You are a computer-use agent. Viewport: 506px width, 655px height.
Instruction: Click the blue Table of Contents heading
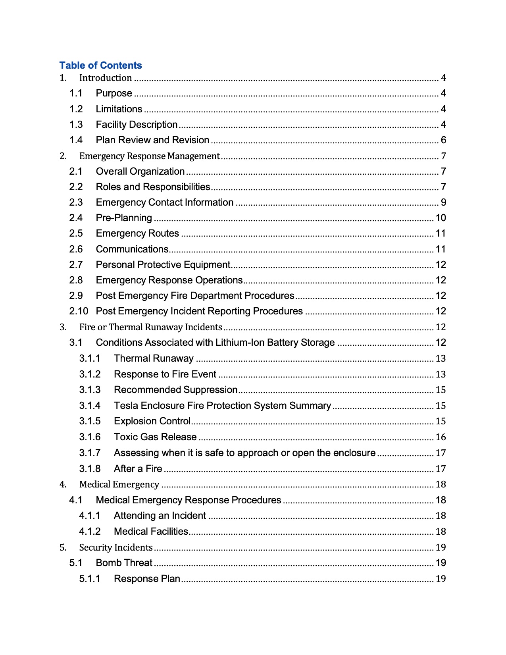coord(100,65)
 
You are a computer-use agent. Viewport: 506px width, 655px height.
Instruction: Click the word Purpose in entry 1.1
coord(114,93)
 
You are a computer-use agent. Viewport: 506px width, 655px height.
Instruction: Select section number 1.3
coord(76,125)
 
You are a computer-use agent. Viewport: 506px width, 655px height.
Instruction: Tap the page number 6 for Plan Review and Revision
coord(443,140)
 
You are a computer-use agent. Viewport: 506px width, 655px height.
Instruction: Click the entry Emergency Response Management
coord(149,156)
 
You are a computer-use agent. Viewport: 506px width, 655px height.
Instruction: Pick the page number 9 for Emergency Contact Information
coord(443,202)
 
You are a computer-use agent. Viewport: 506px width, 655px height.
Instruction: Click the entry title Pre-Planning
coord(124,218)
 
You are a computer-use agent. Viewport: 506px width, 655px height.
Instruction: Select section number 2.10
coord(78,311)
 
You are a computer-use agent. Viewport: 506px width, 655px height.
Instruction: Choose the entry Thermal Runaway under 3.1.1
coord(154,358)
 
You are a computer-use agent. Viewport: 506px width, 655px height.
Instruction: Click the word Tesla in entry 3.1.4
coord(126,406)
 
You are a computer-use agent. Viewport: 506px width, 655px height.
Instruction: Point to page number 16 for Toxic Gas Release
coord(441,437)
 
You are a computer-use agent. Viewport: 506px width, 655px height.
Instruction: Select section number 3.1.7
coord(90,453)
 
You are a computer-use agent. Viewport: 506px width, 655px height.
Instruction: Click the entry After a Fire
coord(138,469)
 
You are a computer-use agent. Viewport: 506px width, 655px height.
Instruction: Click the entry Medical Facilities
coord(151,532)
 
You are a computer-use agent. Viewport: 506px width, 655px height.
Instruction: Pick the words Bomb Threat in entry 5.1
coord(124,563)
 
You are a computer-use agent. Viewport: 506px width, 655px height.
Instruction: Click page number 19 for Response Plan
coord(441,579)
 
